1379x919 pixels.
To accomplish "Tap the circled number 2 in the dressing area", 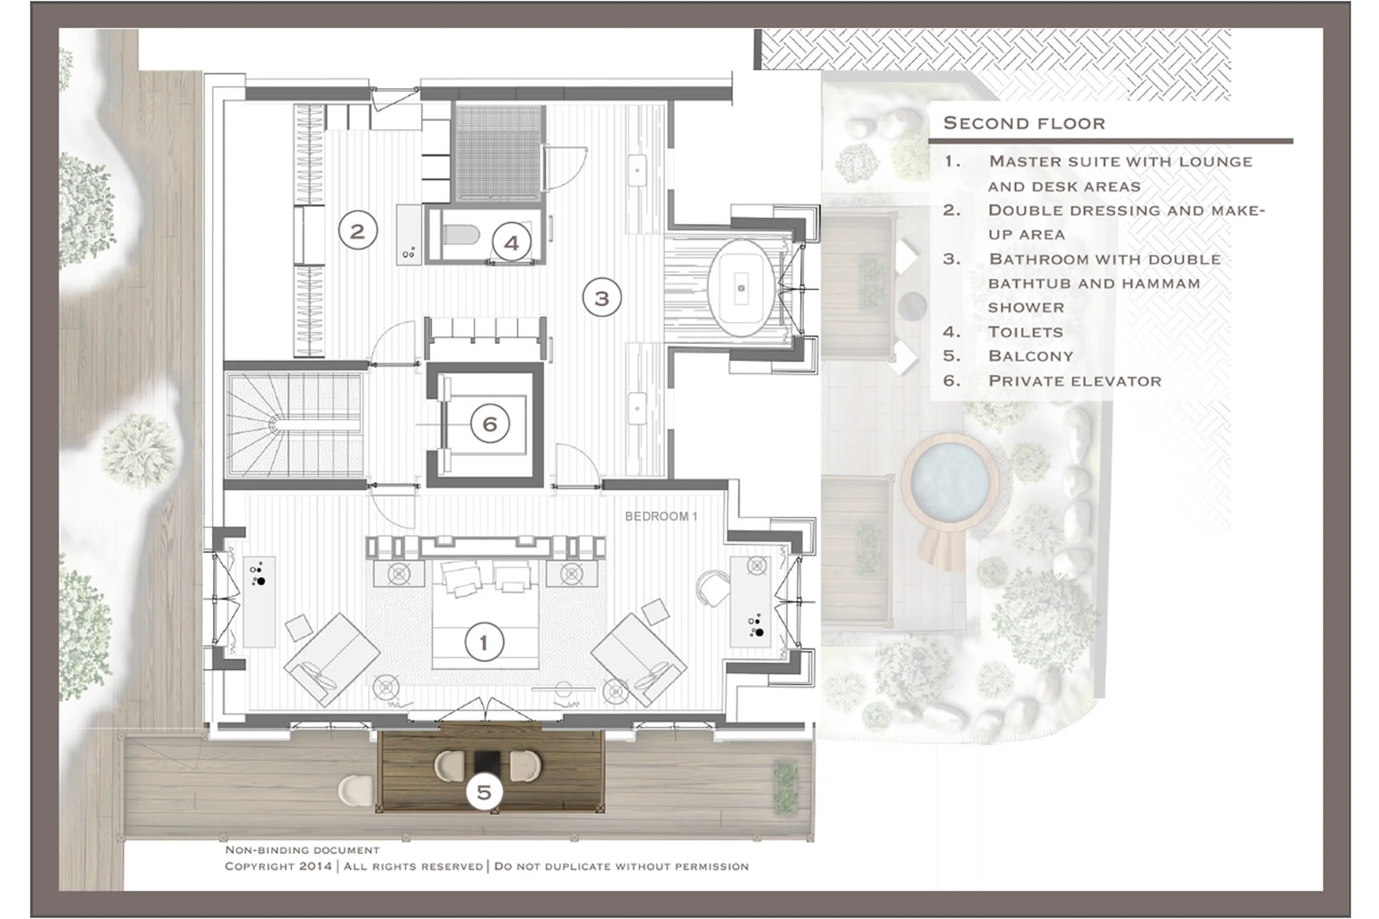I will point(357,231).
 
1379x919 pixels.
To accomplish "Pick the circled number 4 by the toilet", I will point(512,243).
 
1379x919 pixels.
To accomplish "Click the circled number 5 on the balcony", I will point(484,792).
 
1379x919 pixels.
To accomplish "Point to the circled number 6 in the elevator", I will point(490,424).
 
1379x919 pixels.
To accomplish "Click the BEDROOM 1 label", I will point(660,516).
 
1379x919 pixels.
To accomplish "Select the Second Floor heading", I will point(1024,123).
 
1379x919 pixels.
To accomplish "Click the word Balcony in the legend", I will point(1030,356).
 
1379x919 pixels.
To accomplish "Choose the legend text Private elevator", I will point(1074,381).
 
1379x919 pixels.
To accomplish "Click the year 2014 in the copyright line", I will point(315,866).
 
